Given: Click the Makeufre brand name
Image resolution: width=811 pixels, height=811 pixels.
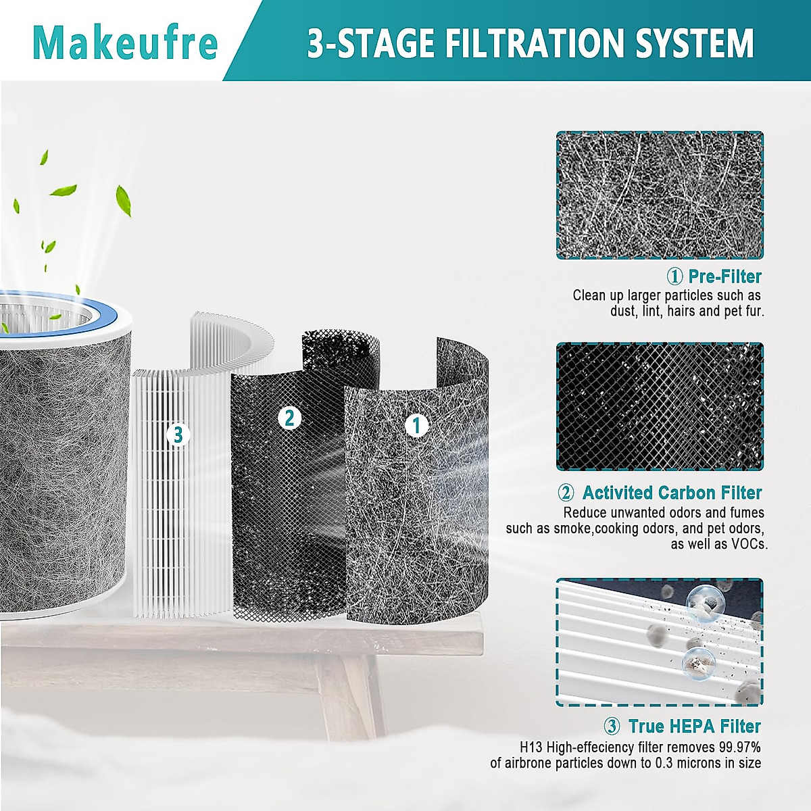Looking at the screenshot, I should click(125, 42).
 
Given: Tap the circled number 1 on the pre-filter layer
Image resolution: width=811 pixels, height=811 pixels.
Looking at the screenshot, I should click(416, 424).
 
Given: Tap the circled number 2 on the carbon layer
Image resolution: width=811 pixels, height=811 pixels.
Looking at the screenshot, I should click(289, 418).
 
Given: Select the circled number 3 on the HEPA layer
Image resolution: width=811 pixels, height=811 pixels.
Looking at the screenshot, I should click(178, 435).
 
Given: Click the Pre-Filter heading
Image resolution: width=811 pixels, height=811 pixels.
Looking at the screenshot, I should click(724, 276).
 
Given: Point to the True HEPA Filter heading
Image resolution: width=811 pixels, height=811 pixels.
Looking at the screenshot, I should click(694, 727).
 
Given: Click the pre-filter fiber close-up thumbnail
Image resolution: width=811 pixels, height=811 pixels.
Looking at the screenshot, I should click(660, 195).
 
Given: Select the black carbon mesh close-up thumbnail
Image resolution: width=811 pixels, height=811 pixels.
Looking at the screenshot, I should click(660, 407).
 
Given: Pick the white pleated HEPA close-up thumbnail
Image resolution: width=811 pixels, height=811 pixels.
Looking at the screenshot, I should click(660, 642).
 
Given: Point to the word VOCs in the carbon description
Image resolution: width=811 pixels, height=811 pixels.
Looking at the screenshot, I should click(749, 544).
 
